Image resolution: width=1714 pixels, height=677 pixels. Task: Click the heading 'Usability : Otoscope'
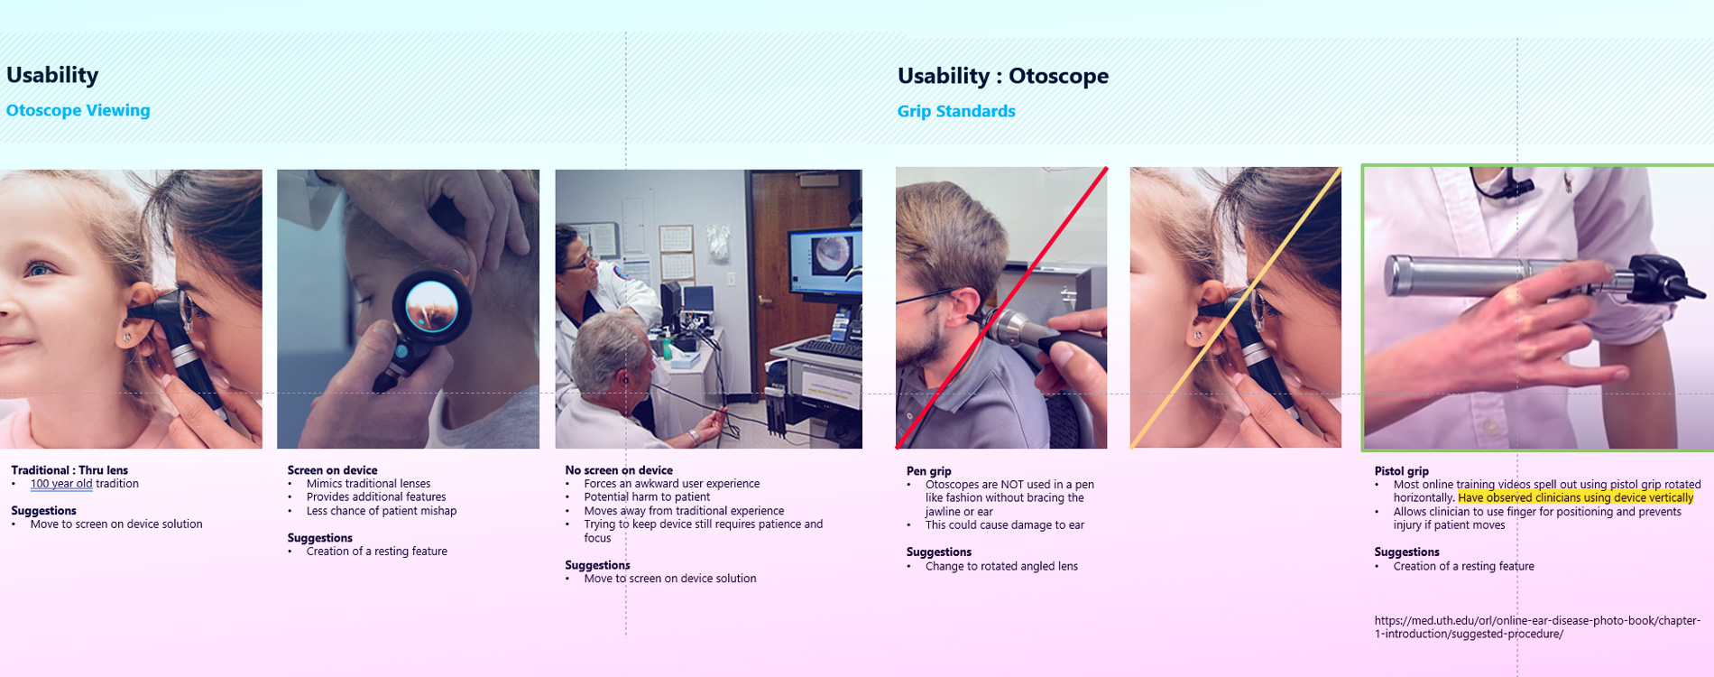1002,76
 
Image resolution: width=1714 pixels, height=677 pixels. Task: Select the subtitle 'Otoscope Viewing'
78,110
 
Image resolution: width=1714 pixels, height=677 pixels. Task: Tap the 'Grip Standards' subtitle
956,111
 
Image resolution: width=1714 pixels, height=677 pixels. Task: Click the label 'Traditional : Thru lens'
69,470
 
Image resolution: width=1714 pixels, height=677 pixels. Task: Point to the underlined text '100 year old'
61,484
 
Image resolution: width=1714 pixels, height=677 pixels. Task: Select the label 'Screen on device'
332,470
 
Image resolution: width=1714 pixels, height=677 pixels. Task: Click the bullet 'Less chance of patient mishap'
382,511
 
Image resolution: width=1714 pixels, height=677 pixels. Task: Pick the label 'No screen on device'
619,470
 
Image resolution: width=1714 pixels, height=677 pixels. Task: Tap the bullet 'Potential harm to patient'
647,497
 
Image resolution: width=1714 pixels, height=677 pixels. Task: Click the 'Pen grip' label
928,471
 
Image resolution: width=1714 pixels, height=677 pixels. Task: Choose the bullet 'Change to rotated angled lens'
1001,567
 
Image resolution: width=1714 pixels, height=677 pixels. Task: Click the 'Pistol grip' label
1401,471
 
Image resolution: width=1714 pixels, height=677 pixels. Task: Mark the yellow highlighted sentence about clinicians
1575,498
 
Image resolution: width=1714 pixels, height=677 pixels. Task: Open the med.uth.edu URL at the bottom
1537,627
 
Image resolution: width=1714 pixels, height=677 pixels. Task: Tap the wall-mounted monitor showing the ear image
825,262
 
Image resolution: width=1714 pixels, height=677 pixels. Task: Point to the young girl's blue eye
38,269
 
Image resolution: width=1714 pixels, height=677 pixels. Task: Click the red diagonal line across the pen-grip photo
1001,308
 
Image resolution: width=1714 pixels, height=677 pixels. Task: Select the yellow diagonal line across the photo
1236,307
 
